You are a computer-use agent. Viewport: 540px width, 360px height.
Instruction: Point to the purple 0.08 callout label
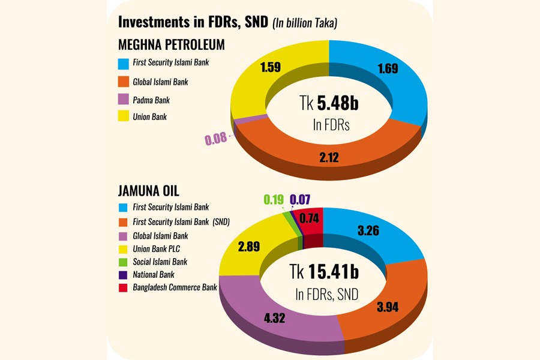(216, 140)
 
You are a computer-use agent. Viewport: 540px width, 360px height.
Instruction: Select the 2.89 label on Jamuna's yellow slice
(248, 247)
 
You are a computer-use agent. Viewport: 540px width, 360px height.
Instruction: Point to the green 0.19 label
(274, 200)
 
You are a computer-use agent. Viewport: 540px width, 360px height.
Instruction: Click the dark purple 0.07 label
(299, 200)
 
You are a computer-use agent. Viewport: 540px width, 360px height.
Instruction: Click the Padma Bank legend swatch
(124, 99)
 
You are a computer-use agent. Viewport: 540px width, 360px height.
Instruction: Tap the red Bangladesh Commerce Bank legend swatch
(124, 288)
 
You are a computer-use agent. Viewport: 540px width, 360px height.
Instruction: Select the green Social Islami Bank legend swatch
(124, 262)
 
